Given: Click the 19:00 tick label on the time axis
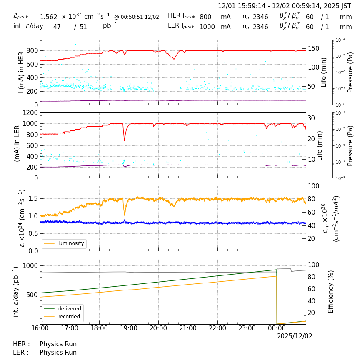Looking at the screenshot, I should click(x=129, y=328).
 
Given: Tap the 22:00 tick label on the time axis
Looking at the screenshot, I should click(x=217, y=328).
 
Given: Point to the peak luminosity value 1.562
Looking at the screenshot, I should click(x=48, y=17).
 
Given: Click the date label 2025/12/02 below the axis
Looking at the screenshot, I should click(x=295, y=336).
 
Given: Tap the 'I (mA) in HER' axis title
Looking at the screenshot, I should click(x=21, y=72).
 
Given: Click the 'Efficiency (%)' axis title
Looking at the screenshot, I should click(x=331, y=291).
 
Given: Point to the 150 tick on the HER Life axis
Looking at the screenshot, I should click(x=314, y=49).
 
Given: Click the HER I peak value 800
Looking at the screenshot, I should click(x=205, y=17).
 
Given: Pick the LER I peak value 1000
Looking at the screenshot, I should click(x=207, y=27).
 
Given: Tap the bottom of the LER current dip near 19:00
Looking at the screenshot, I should click(x=124, y=140).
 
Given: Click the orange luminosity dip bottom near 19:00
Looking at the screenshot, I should click(x=125, y=215).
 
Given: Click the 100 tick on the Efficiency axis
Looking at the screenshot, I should click(x=314, y=265).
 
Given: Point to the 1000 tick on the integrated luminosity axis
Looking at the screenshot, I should click(x=30, y=266).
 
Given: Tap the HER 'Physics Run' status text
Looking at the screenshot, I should click(x=58, y=344).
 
